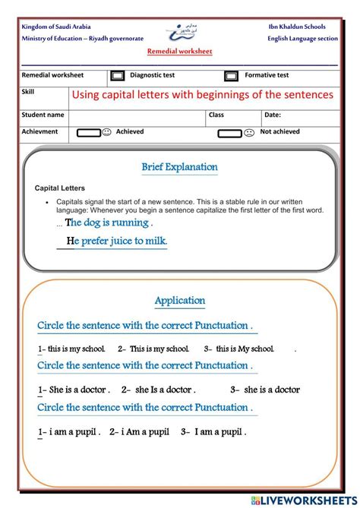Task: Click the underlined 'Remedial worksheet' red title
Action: pos(179,51)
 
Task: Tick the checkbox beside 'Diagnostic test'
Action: pos(118,76)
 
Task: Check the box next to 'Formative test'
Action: pos(231,76)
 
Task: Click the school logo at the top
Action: pos(179,32)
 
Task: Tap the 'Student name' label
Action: pos(43,115)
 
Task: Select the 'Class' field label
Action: pos(216,115)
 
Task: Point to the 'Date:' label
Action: pos(273,115)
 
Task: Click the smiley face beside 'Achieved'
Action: pos(106,132)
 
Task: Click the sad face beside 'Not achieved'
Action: pos(248,133)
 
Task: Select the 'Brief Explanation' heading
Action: pos(179,167)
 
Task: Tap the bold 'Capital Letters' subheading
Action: pos(60,188)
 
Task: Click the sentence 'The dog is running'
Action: pos(109,223)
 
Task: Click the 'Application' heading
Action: pos(180,301)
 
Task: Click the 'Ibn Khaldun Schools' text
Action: pos(297,27)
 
